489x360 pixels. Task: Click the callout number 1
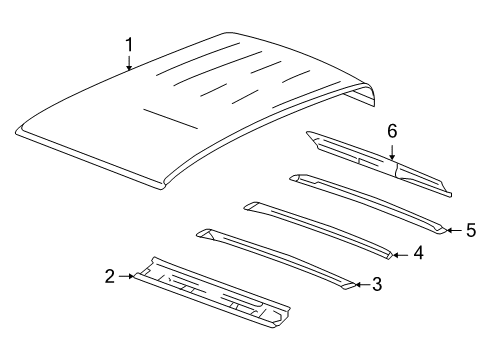pos(129,44)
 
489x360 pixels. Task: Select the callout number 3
pos(376,285)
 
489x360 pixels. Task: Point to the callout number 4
pos(419,254)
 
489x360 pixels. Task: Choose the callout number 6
pos(393,132)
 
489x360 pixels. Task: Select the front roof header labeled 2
pos(210,300)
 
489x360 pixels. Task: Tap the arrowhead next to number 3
pos(358,285)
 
